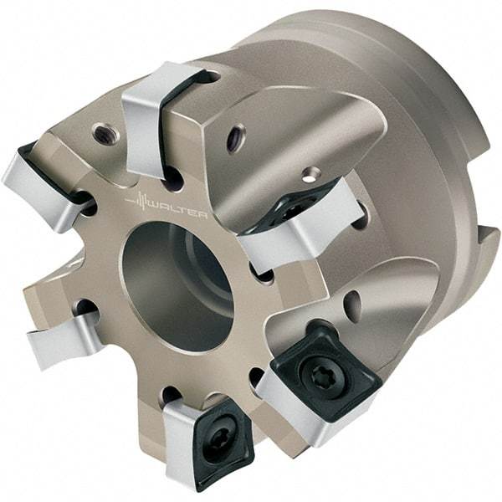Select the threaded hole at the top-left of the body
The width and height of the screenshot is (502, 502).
tap(105, 132)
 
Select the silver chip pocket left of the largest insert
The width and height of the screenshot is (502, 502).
tap(280, 393)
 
